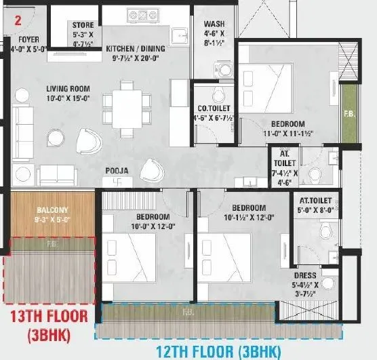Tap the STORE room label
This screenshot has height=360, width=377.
point(83,26)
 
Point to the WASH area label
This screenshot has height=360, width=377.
point(214,25)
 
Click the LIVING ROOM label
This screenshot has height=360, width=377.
point(68,89)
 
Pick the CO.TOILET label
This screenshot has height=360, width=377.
point(214,108)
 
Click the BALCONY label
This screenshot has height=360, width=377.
point(52,210)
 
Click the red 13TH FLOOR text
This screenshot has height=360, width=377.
point(47,316)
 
